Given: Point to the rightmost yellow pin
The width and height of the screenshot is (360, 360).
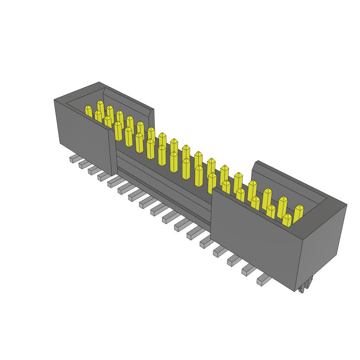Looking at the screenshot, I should [x=298, y=214].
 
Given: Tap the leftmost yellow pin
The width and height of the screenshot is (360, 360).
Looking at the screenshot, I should [x=89, y=112].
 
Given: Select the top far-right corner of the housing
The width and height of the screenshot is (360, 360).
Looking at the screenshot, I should [x=347, y=205].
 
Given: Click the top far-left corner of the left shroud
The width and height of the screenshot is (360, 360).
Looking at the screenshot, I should [x=54, y=100].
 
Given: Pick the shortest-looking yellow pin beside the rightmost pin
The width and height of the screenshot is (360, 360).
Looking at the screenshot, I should [x=287, y=220].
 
